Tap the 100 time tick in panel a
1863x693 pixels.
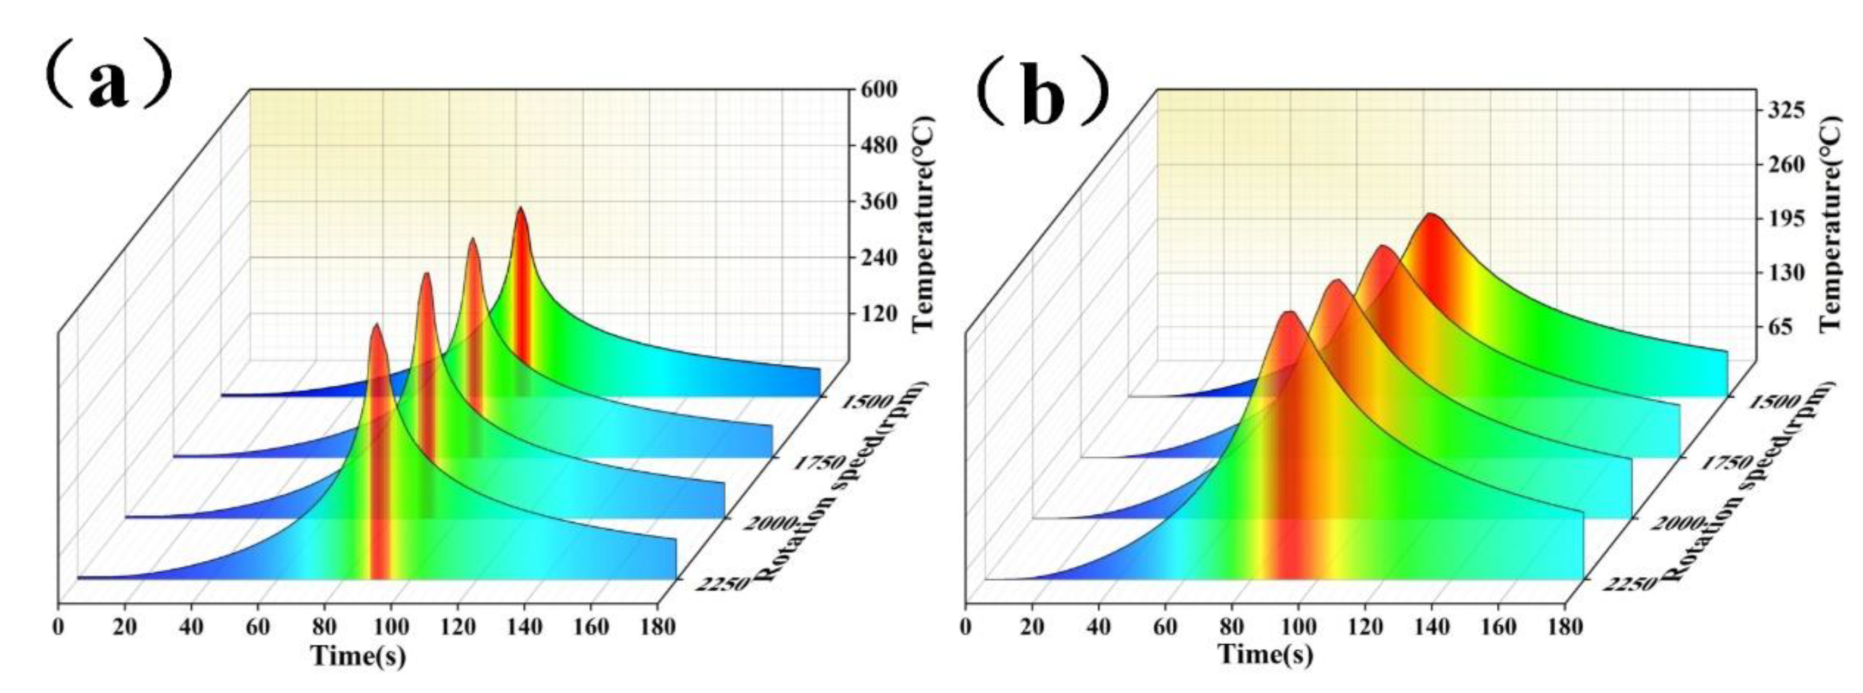pos(391,626)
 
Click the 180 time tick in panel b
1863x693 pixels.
pos(1565,626)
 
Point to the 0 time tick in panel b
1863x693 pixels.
pos(966,626)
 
